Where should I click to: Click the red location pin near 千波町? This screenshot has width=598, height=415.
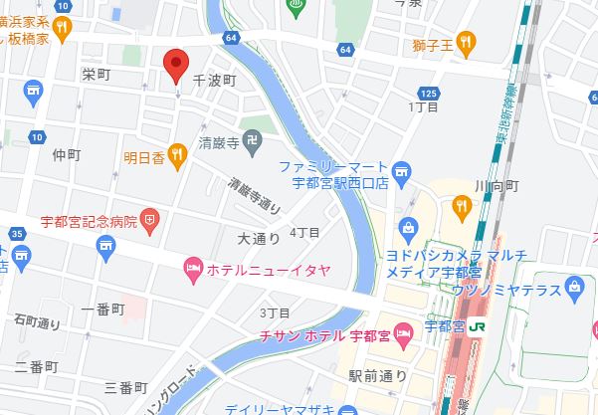[176, 65]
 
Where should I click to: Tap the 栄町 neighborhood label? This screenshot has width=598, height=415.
[96, 75]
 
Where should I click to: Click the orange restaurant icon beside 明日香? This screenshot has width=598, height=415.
[177, 152]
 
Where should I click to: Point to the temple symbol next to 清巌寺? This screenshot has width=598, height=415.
[254, 143]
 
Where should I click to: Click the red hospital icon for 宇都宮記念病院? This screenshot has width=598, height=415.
[150, 218]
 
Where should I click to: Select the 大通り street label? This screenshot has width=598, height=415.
[259, 239]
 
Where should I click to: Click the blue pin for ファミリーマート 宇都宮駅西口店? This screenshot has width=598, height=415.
[401, 169]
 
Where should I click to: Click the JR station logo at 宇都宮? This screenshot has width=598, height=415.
[477, 324]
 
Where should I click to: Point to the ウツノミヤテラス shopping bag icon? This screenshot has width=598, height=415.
[573, 289]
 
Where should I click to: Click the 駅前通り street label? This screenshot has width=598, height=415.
[378, 375]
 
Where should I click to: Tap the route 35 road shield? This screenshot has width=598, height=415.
[19, 234]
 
